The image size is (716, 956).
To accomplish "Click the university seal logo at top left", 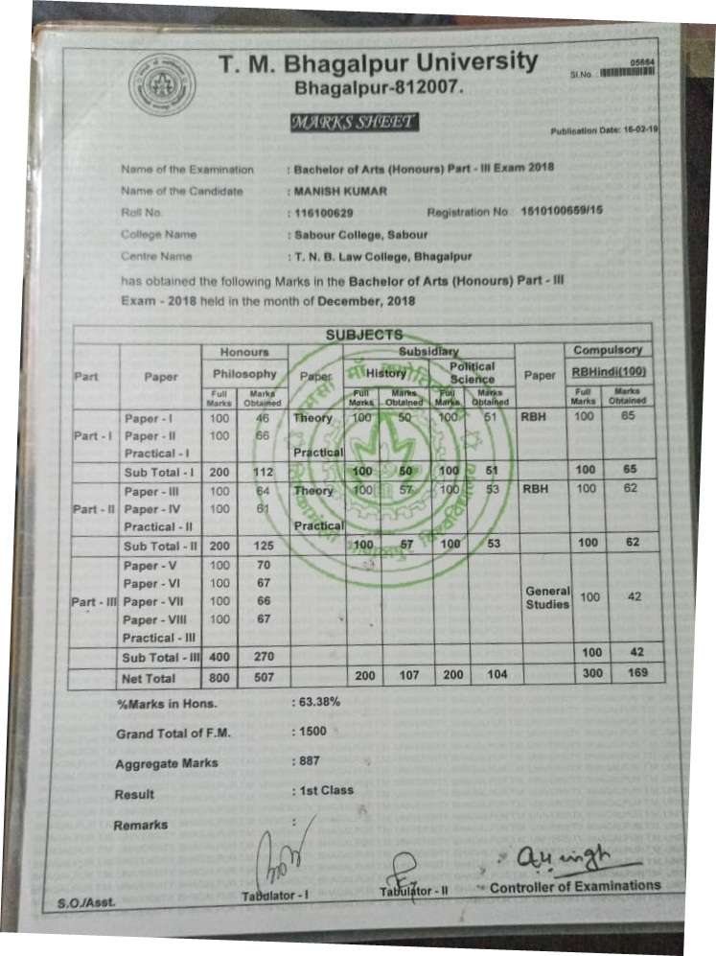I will tap(161, 85).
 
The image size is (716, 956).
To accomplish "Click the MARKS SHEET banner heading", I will tap(354, 122).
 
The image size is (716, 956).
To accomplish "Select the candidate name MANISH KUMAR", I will tap(340, 191).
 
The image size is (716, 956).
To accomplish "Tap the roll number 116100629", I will tap(325, 212).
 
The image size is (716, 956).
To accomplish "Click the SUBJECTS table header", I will tap(364, 335).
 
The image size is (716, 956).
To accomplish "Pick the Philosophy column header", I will tap(244, 373).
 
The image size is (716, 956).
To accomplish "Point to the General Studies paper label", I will tap(547, 597).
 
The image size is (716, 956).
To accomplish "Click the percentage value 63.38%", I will tap(318, 702).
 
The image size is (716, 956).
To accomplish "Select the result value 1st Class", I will tap(324, 791).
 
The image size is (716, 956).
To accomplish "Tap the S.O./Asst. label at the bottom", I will tap(80, 902).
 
